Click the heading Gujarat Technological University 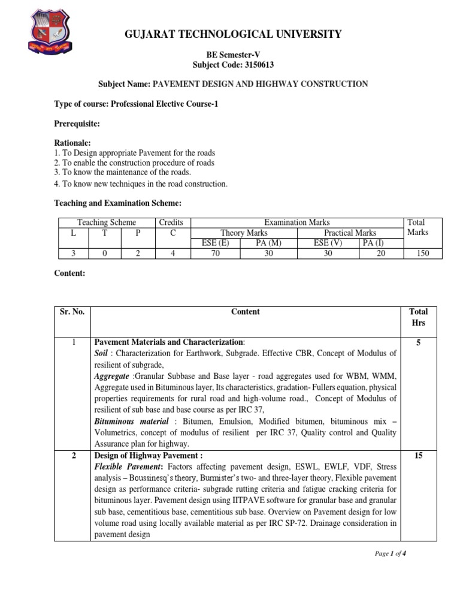pos(233,34)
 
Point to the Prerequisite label pos(77,124)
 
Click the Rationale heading pos(72,143)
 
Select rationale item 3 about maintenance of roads pos(122,172)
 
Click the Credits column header pos(171,222)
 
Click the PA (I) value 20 pos(381,254)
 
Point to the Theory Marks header pos(244,233)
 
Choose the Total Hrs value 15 pos(418,456)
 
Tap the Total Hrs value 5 pos(418,342)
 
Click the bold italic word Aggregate pos(112,376)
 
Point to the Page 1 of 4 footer pos(391,553)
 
